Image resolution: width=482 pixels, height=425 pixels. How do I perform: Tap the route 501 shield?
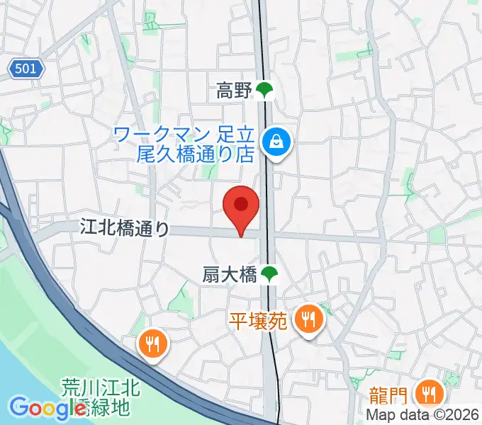(x=27, y=69)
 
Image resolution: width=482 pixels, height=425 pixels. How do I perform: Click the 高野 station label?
(x=235, y=90)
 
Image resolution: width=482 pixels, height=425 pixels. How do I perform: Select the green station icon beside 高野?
(x=264, y=90)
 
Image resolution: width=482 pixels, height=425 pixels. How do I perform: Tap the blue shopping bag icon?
(x=273, y=142)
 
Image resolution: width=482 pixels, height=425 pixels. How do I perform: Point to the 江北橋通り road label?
(x=125, y=228)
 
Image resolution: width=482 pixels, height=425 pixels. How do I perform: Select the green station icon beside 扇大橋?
(x=269, y=275)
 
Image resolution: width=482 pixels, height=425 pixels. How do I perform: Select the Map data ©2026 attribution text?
(x=423, y=416)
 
